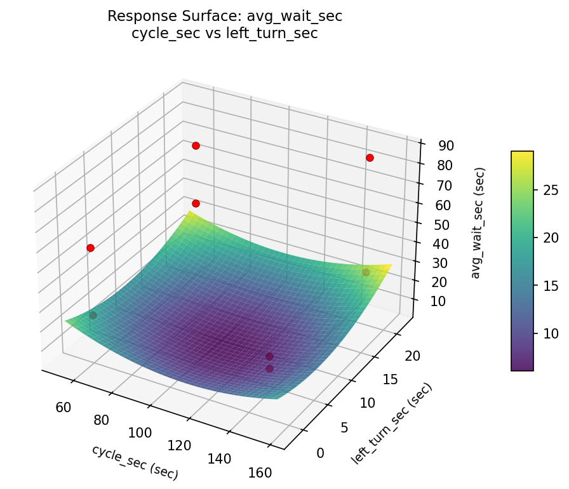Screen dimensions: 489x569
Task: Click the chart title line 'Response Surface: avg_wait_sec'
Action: tap(225, 17)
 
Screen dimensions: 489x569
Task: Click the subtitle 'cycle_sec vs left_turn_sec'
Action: tap(225, 34)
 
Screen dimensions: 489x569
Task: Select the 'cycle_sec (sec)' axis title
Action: tap(135, 462)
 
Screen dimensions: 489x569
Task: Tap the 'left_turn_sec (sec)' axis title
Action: tap(391, 423)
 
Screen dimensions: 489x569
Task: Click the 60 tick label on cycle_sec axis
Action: tap(64, 407)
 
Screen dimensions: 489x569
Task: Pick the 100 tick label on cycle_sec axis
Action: tap(140, 433)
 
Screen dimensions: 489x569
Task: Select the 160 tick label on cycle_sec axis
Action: tap(260, 472)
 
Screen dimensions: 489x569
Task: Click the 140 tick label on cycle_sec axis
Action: tap(220, 459)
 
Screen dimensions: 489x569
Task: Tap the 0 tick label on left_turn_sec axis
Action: tap(319, 453)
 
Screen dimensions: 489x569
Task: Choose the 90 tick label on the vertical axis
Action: tap(446, 145)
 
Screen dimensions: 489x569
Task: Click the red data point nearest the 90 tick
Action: tap(370, 157)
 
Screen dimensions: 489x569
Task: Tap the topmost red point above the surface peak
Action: tap(196, 145)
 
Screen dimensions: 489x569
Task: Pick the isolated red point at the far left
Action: tap(90, 248)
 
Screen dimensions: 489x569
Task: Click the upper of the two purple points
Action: tap(269, 356)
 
